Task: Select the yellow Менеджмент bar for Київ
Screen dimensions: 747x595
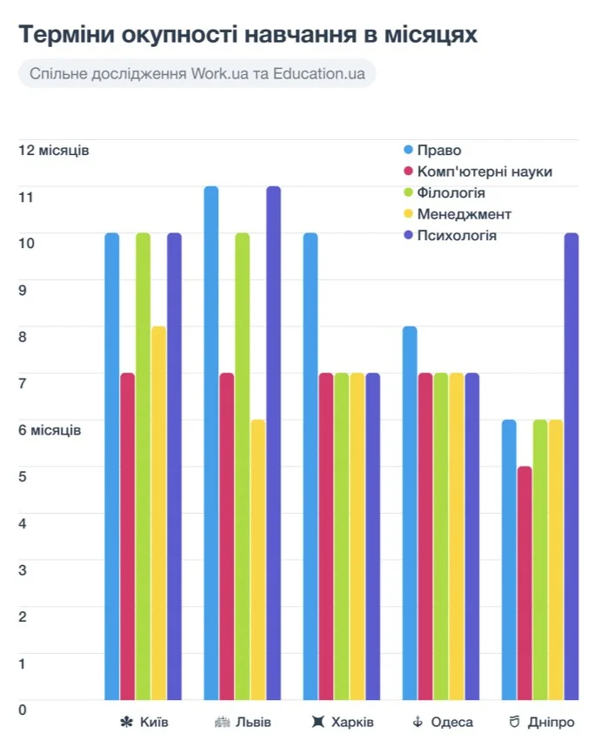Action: pyautogui.click(x=159, y=513)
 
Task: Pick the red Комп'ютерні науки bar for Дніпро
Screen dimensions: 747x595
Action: pyautogui.click(x=525, y=582)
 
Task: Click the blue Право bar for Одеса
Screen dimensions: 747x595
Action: pyautogui.click(x=410, y=513)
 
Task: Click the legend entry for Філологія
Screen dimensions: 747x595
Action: pyautogui.click(x=451, y=192)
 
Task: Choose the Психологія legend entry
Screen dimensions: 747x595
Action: pyautogui.click(x=457, y=235)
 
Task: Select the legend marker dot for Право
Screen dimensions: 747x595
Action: pyautogui.click(x=407, y=150)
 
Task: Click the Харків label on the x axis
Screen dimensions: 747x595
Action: pyautogui.click(x=352, y=723)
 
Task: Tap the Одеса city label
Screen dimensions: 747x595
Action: pyautogui.click(x=452, y=723)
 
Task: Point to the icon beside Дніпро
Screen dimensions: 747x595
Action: pyautogui.click(x=515, y=723)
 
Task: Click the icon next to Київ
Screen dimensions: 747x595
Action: pyautogui.click(x=127, y=723)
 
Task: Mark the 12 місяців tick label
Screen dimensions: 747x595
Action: pyautogui.click(x=53, y=150)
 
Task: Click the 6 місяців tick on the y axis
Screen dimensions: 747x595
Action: pyautogui.click(x=50, y=429)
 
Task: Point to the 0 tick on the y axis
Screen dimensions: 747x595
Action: pyautogui.click(x=23, y=710)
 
